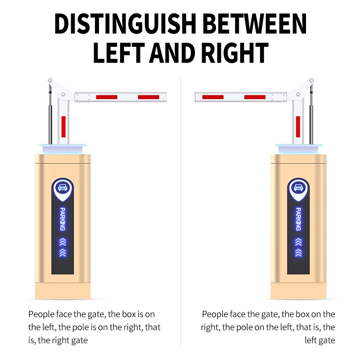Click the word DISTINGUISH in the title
[x=125, y=24]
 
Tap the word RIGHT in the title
[x=234, y=53]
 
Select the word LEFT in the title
[x=119, y=53]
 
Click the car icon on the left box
[x=63, y=188]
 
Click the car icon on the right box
[x=298, y=188]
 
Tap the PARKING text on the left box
[x=63, y=219]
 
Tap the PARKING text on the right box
[x=298, y=219]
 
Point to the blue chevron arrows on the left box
[x=63, y=247]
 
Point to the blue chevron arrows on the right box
[x=298, y=247]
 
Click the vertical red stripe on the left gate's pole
[x=63, y=127]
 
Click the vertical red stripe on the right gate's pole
[x=298, y=127]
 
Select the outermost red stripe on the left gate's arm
[x=148, y=97]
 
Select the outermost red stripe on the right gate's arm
[x=213, y=97]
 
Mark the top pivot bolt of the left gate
[x=50, y=81]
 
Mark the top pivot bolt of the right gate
[x=311, y=81]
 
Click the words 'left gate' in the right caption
[x=320, y=340]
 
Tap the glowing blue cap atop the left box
[x=63, y=148]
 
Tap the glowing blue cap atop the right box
[x=298, y=148]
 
